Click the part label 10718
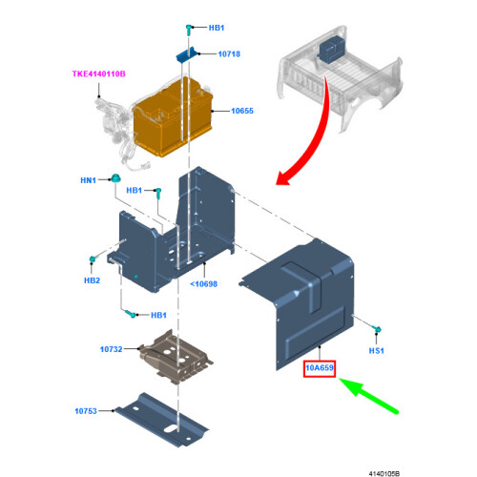(229, 54)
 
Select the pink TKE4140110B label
(99, 73)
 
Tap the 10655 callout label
(242, 111)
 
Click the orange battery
(173, 117)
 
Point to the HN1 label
(88, 180)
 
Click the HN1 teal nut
(115, 178)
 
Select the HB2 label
(92, 280)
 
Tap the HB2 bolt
(93, 259)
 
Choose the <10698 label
(203, 284)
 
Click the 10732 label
(112, 349)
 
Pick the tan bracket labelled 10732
(176, 356)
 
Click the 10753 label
(86, 411)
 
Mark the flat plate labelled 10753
(161, 420)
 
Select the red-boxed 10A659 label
(320, 368)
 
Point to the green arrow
(369, 396)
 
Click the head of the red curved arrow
(282, 178)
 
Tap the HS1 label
(376, 351)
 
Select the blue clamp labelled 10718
(186, 55)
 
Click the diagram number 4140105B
(384, 473)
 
